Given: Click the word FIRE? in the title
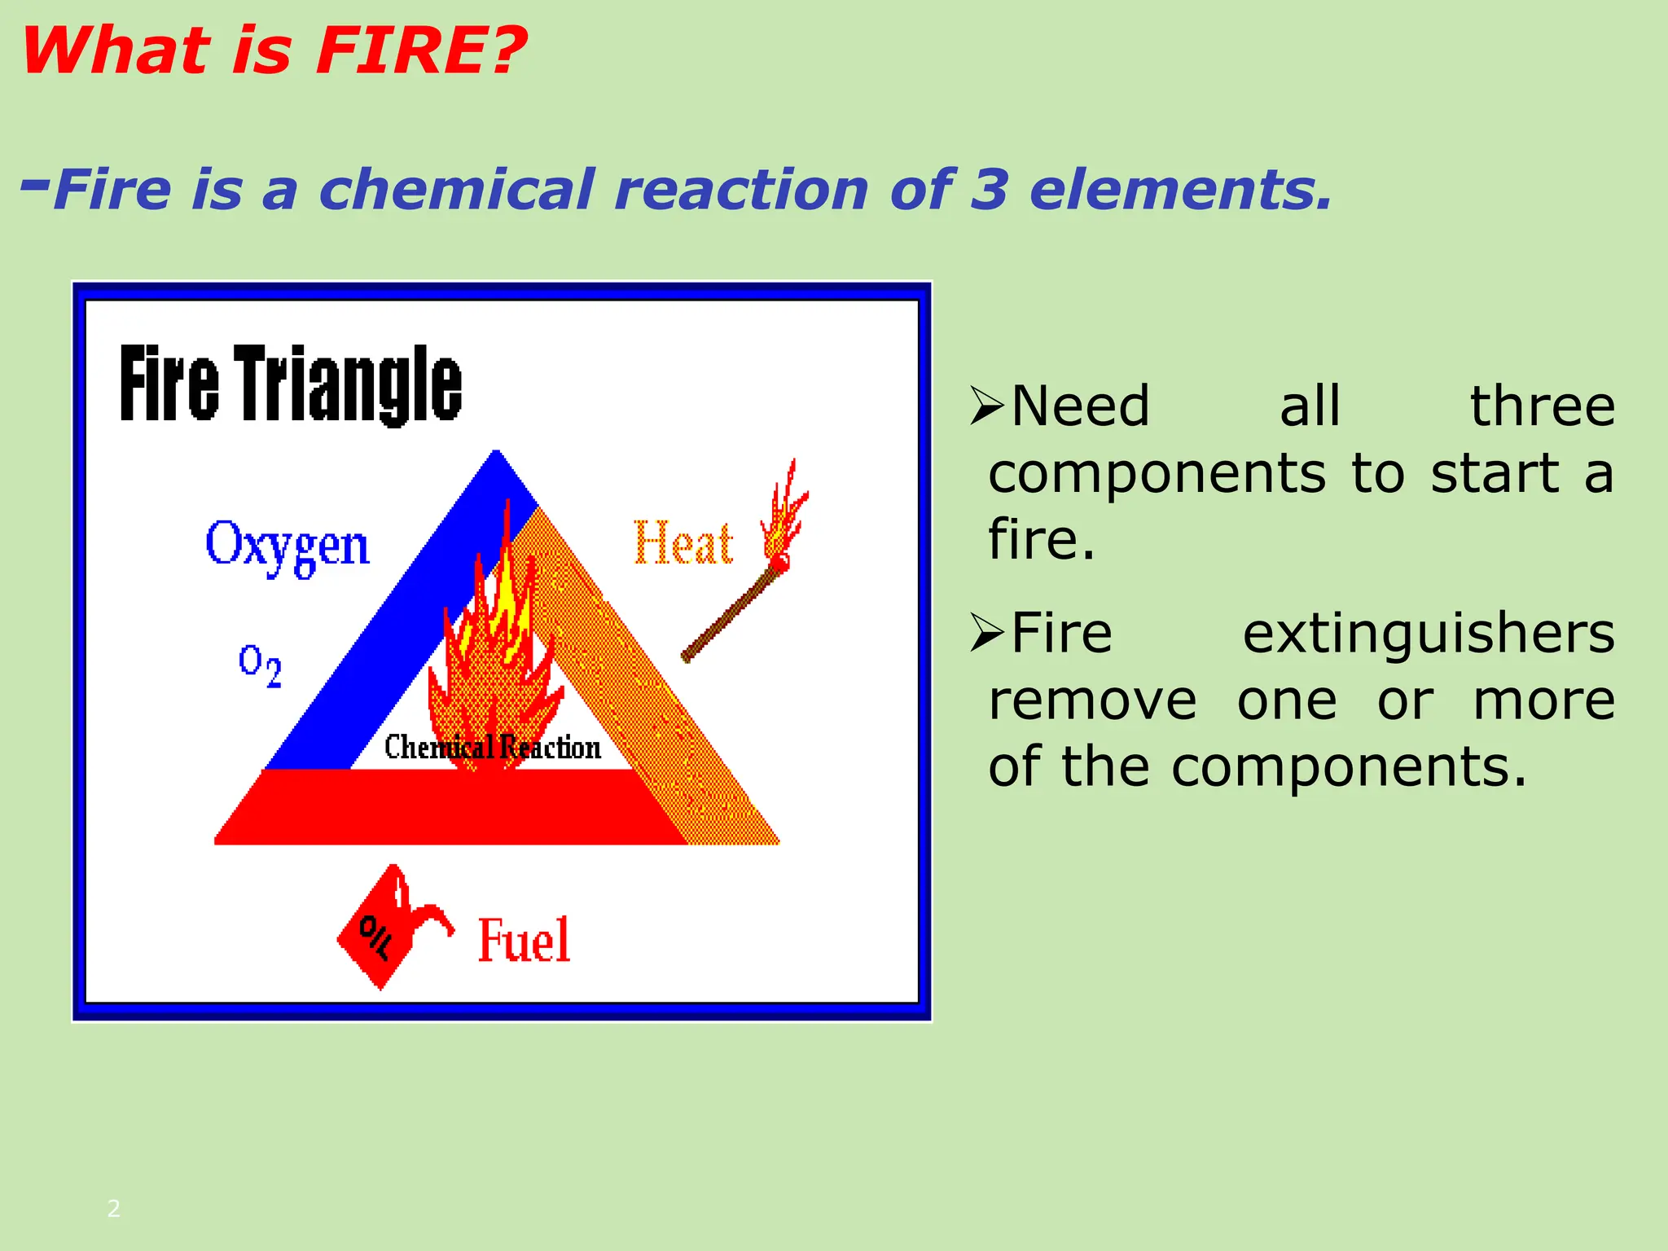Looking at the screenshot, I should [x=420, y=50].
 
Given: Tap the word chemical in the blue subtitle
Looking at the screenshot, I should [x=456, y=189].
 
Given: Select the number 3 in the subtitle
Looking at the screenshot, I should [x=989, y=189].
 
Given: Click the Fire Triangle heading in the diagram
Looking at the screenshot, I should [x=291, y=384].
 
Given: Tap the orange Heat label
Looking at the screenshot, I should [x=683, y=543].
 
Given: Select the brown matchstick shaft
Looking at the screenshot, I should [x=729, y=615].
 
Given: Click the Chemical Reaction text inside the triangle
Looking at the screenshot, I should [x=492, y=747].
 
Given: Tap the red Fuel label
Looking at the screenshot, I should [x=523, y=941].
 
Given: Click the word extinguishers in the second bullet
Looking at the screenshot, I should [x=1428, y=634].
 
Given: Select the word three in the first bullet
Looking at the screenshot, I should [x=1542, y=406].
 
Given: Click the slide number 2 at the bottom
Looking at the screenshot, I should [x=114, y=1208].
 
